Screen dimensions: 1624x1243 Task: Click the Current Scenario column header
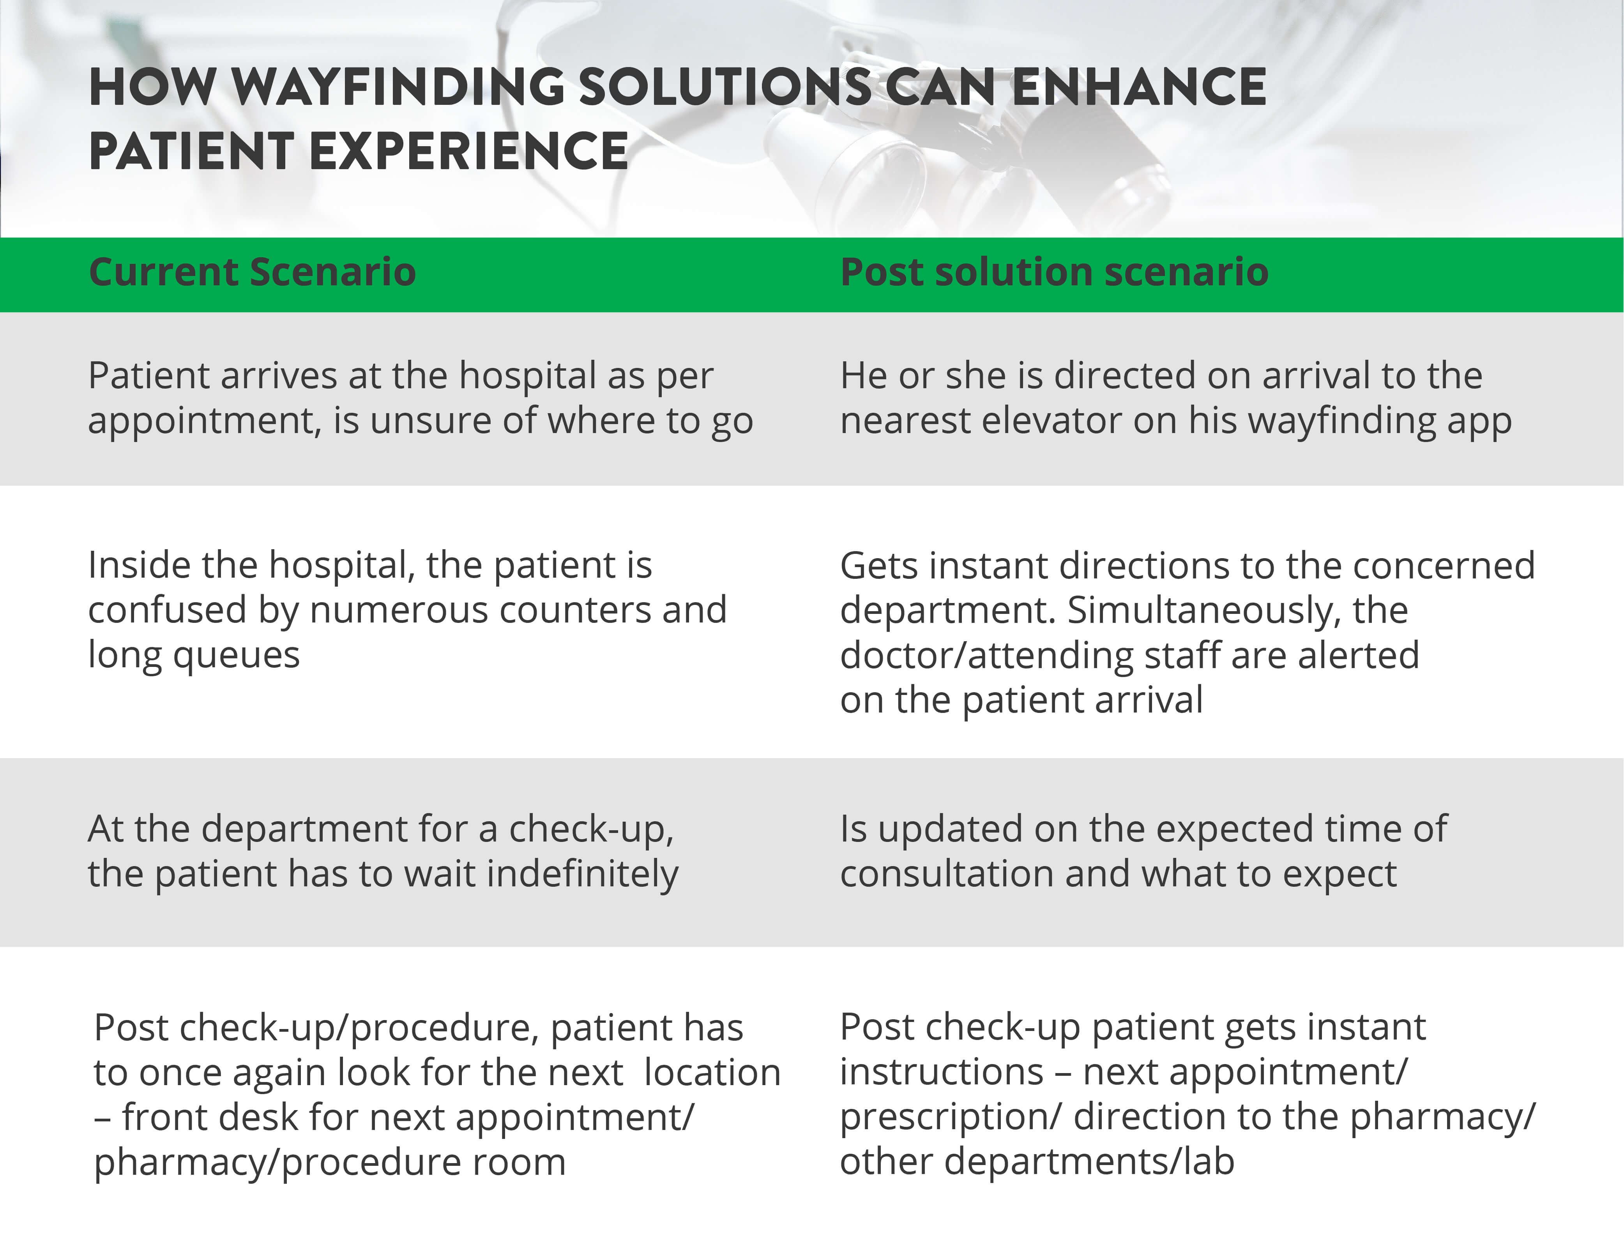(252, 272)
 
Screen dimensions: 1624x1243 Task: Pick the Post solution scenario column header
(1054, 272)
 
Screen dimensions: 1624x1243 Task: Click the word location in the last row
(712, 1073)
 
